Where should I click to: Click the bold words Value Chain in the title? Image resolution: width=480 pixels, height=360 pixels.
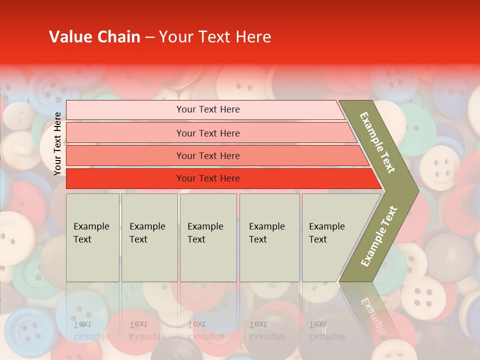[x=94, y=37]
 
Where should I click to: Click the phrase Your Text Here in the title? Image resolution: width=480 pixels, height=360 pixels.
[x=214, y=37]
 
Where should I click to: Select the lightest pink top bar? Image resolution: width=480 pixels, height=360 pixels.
[x=208, y=109]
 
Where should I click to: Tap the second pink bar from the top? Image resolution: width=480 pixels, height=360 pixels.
[x=208, y=133]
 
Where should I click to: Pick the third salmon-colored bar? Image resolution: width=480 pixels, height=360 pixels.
[x=208, y=155]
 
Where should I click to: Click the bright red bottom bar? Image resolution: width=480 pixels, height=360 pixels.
[x=208, y=178]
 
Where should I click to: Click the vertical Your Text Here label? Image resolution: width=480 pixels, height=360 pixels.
[x=57, y=143]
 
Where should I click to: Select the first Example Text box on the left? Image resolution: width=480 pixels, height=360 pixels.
[x=92, y=237]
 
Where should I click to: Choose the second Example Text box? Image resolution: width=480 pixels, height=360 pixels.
[x=149, y=237]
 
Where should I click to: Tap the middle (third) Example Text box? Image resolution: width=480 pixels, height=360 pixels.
[x=207, y=237]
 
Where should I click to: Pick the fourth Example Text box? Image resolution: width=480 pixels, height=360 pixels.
[x=269, y=237]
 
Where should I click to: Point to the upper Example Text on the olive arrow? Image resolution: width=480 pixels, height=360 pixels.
[x=377, y=142]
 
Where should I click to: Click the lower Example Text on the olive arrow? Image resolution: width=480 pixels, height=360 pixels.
[x=379, y=236]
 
